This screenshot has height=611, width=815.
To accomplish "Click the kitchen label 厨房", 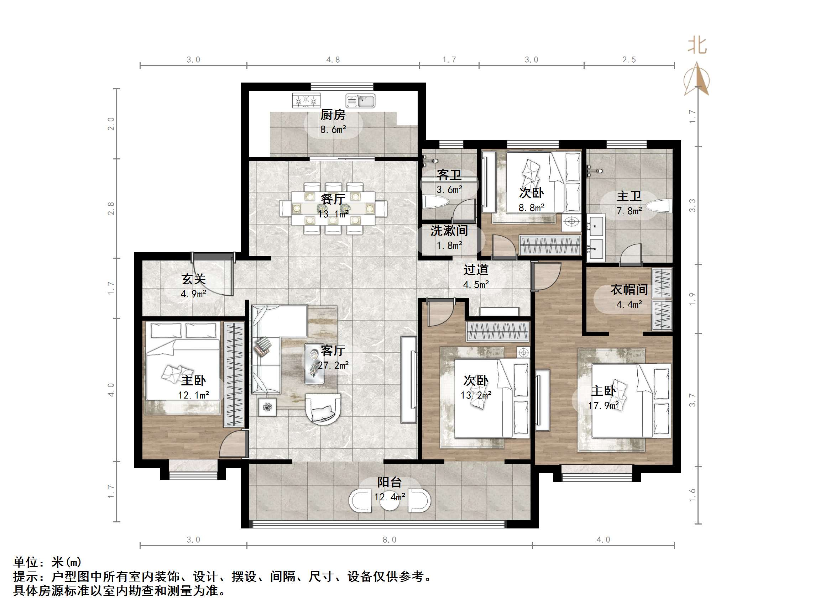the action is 333,115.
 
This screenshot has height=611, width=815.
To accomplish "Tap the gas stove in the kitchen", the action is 306,101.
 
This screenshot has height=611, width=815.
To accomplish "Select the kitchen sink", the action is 360,101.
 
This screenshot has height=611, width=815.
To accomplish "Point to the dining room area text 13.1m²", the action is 333,214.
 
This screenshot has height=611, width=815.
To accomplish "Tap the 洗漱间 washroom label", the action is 449,231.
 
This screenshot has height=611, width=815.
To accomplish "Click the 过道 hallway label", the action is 476,270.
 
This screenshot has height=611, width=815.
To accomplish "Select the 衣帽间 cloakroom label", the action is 629,289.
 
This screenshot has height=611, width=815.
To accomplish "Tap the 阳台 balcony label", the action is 390,482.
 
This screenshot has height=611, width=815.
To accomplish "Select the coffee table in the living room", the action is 314,364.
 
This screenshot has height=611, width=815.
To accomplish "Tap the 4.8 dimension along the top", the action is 333,60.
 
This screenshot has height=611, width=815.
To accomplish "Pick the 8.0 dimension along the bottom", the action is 390,540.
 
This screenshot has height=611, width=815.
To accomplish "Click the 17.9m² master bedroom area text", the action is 604,405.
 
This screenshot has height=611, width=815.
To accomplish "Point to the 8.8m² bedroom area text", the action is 531,208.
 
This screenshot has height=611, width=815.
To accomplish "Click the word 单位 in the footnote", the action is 26,562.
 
